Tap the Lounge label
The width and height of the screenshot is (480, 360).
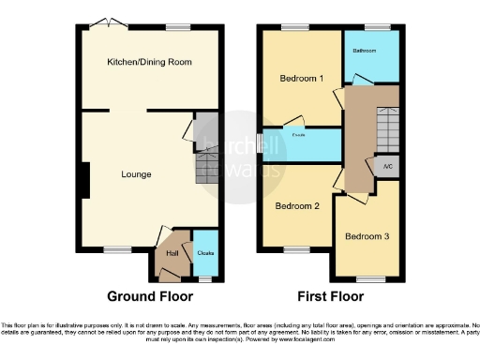(x=136, y=174)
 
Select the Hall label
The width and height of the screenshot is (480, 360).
(x=172, y=252)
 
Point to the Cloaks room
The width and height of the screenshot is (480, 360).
(x=204, y=253)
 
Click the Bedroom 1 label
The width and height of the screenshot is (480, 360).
(x=302, y=79)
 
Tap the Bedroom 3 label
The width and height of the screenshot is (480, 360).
(x=367, y=236)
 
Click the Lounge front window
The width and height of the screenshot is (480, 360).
(x=117, y=249)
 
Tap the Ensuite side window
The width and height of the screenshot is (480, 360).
(x=260, y=143)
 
